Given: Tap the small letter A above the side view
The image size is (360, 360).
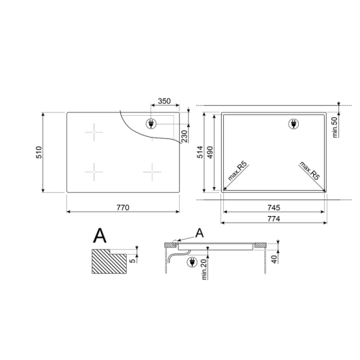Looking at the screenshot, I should (199, 233).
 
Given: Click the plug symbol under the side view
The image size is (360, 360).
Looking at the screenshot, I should (191, 263).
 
